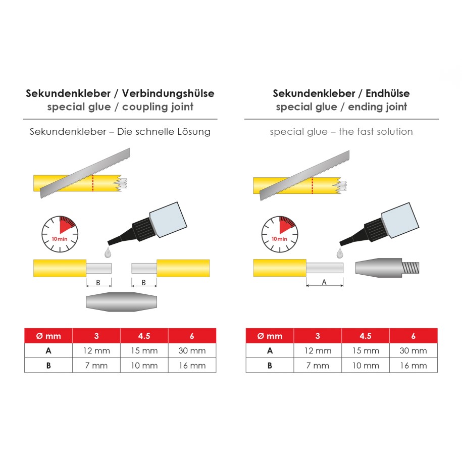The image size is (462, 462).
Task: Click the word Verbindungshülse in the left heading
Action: [168, 93]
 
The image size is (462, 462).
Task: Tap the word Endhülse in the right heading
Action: [387, 93]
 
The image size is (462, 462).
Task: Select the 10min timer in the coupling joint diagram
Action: [60, 234]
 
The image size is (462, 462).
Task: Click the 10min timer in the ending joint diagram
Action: [280, 234]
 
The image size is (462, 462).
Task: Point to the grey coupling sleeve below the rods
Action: [121, 302]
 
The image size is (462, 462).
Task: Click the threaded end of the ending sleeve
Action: [410, 268]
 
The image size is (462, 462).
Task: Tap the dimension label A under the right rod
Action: [324, 282]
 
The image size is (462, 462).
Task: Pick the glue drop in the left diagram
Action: [108, 253]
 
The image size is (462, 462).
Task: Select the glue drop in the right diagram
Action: [340, 253]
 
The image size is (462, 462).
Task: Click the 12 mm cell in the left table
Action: [96, 350]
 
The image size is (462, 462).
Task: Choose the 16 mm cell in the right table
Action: [414, 366]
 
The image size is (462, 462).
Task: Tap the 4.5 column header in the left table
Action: [144, 336]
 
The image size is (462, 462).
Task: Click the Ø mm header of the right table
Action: [270, 336]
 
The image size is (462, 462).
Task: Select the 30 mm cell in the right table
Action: [414, 350]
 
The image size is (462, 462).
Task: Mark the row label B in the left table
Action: [48, 366]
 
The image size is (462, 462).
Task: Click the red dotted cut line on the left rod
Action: [93, 183]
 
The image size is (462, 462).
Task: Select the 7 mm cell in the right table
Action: [318, 366]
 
